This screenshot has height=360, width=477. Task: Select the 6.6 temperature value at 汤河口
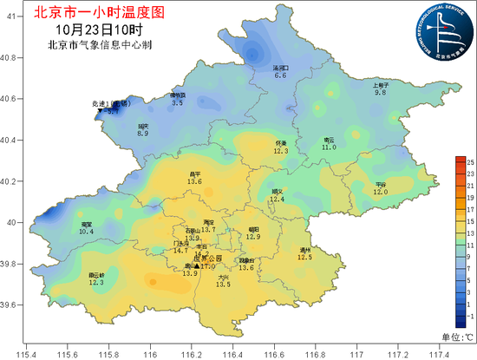pyautogui.click(x=280, y=76)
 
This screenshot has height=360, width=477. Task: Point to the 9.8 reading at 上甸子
pyautogui.click(x=380, y=92)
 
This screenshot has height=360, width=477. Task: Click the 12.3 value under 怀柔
pyautogui.click(x=280, y=151)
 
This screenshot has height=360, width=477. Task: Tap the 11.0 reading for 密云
pyautogui.click(x=329, y=147)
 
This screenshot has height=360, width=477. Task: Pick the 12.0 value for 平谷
pyautogui.click(x=381, y=192)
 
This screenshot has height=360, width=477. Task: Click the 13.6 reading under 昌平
pyautogui.click(x=194, y=181)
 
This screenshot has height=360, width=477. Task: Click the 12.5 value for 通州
pyautogui.click(x=304, y=257)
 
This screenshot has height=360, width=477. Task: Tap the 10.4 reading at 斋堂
pyautogui.click(x=86, y=232)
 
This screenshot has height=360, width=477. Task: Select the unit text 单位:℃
pyautogui.click(x=457, y=337)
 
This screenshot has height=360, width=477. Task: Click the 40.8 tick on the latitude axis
pyautogui.click(x=11, y=58)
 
